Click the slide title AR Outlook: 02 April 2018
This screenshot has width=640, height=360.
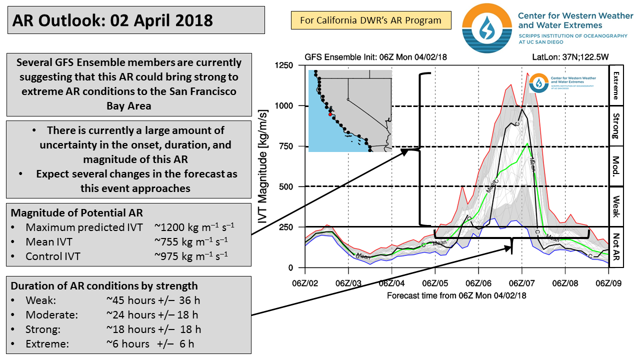tap(113, 20)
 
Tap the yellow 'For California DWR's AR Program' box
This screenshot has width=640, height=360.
tap(370, 20)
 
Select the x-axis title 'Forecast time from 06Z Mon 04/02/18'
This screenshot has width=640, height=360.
tap(456, 295)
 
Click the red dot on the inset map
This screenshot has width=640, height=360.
tap(330, 114)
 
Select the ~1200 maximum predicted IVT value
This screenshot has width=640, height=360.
tap(194, 227)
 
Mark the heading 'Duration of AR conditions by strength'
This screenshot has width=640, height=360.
tap(104, 286)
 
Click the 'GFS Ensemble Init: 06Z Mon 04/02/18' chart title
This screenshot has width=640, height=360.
tap(375, 57)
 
